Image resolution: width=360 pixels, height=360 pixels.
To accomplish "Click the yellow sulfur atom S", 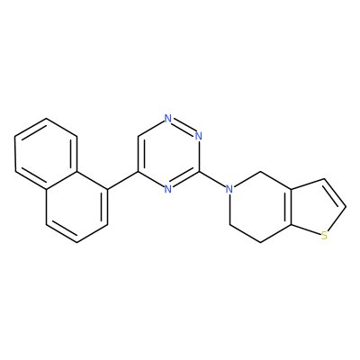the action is click(x=324, y=235).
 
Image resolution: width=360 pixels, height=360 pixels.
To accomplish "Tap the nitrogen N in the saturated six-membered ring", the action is click(x=229, y=189).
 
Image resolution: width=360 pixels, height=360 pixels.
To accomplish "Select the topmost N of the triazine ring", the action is click(x=168, y=119).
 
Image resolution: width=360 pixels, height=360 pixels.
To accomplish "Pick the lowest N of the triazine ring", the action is click(x=168, y=189).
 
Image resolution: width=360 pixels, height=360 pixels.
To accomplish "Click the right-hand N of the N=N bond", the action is click(x=198, y=136).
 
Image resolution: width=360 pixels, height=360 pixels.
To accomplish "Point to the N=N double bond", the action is click(x=184, y=126).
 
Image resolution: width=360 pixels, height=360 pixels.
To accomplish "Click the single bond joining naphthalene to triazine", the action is click(x=122, y=181).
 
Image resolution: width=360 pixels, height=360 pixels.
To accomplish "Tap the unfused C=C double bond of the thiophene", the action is click(x=335, y=193).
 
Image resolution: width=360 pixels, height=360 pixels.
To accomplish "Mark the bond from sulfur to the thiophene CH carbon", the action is click(x=337, y=220).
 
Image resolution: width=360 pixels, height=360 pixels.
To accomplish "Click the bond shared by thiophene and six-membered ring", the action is click(x=291, y=206).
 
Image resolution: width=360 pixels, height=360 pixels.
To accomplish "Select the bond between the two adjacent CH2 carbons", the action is click(x=245, y=233).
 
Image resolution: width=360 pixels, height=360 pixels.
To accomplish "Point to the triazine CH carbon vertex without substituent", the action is click(x=138, y=136).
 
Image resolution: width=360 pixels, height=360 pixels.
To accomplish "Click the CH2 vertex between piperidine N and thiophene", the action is click(x=260, y=172).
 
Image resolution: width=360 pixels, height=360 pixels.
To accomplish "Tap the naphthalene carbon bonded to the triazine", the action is click(x=107, y=190).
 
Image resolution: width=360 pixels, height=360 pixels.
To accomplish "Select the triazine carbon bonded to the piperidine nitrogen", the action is click(x=199, y=172).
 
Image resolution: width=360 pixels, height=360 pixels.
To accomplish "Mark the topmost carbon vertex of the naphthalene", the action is click(x=46, y=119).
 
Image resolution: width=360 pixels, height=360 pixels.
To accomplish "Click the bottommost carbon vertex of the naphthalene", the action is click(x=76, y=242).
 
